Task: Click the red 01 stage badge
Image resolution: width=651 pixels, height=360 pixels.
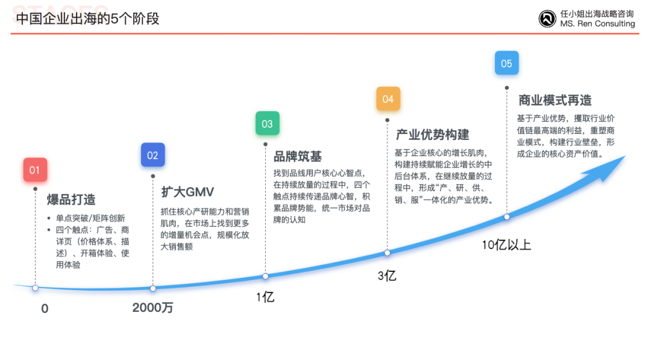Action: pyautogui.click(x=35, y=169)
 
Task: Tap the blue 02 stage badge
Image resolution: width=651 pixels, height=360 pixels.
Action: pyautogui.click(x=153, y=155)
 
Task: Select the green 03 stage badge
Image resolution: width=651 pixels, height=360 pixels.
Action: pyautogui.click(x=268, y=124)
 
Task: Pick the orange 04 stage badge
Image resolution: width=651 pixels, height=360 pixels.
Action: pyautogui.click(x=388, y=99)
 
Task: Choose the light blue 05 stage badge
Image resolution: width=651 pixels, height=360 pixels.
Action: pyautogui.click(x=506, y=63)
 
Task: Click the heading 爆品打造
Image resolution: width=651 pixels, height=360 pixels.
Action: pyautogui.click(x=71, y=200)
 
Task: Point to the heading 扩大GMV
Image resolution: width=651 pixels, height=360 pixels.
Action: pyautogui.click(x=187, y=192)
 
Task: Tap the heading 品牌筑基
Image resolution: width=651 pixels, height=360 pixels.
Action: pyautogui.click(x=298, y=157)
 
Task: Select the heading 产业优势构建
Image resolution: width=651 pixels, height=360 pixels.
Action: pyautogui.click(x=432, y=134)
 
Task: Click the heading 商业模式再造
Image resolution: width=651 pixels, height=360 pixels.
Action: pyautogui.click(x=555, y=100)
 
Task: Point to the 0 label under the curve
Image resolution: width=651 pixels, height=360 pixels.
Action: pyautogui.click(x=45, y=309)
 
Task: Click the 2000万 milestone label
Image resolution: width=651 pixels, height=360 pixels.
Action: pyautogui.click(x=153, y=308)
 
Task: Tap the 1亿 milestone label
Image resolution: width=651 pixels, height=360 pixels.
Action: pyautogui.click(x=265, y=297)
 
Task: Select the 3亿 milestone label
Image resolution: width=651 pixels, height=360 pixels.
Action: pyautogui.click(x=387, y=276)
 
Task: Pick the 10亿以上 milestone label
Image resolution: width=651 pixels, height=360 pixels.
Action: pyautogui.click(x=506, y=245)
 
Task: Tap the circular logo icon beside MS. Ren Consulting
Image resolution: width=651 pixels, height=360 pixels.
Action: pyautogui.click(x=547, y=19)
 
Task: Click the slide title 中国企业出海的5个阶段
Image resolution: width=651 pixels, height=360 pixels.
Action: pyautogui.click(x=87, y=19)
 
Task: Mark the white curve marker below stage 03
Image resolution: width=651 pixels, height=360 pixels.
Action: pyautogui.click(x=266, y=276)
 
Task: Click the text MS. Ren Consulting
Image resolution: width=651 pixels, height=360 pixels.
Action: pyautogui.click(x=597, y=24)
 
